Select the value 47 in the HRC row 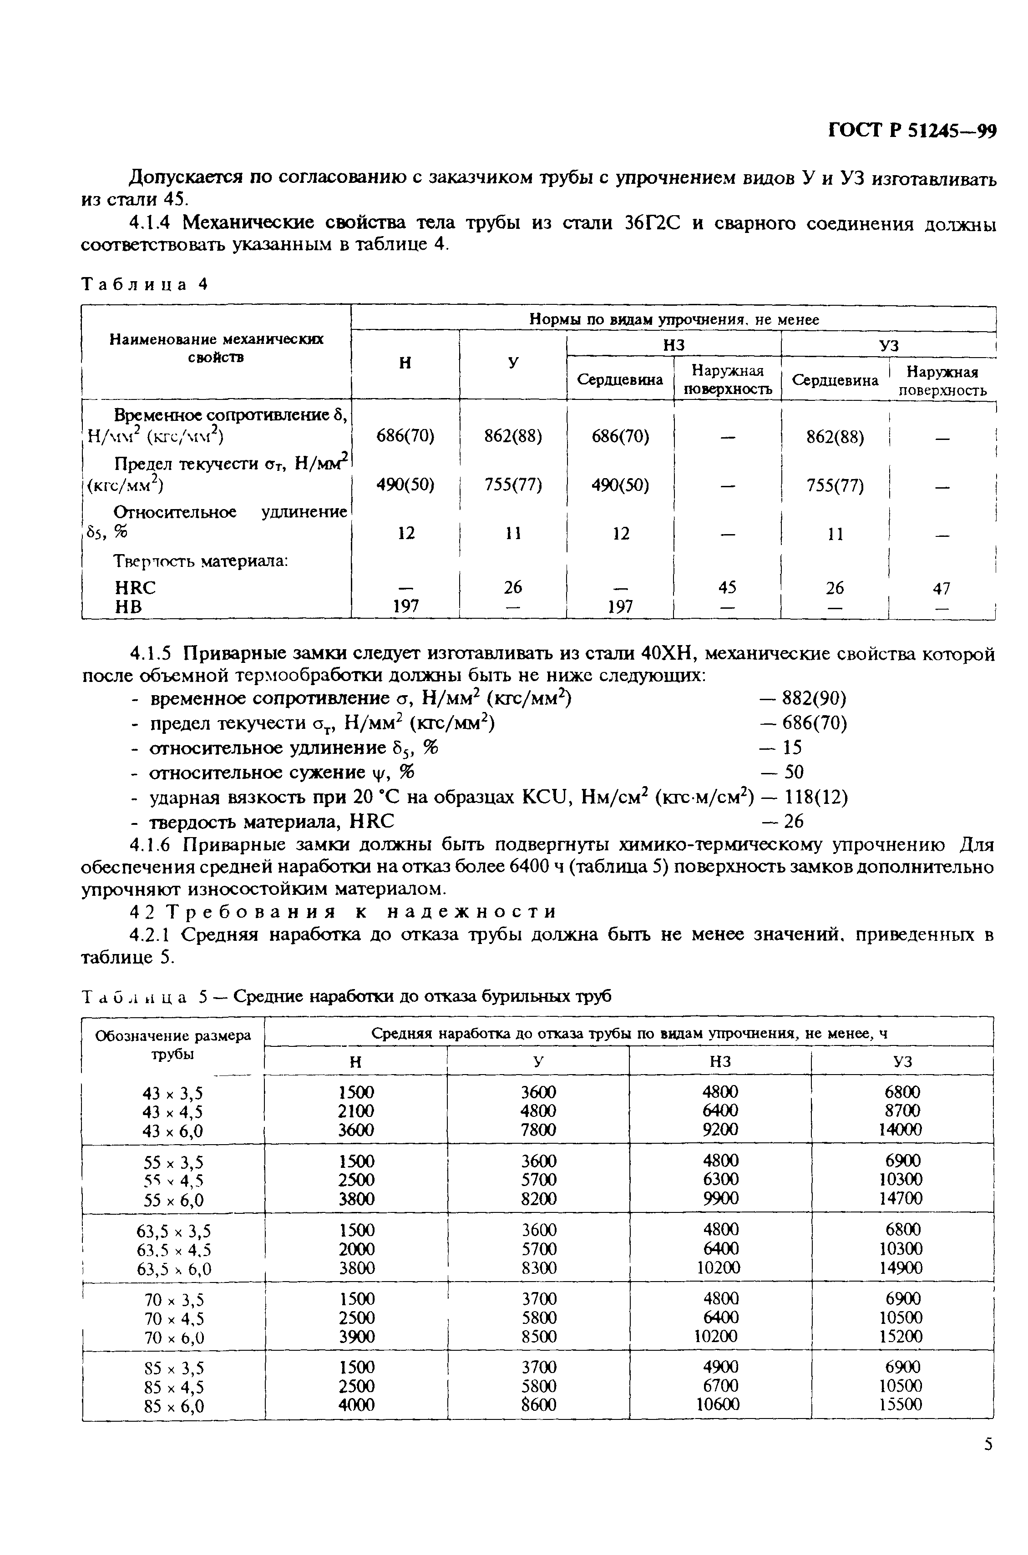pos(942,588)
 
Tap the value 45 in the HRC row pos(727,587)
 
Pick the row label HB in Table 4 pos(128,607)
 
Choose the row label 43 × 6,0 pos(173,1131)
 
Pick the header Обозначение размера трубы pos(173,1045)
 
